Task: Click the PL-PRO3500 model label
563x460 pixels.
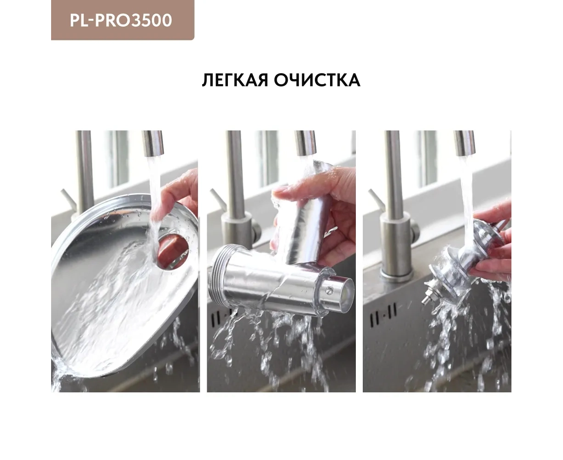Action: coord(121,20)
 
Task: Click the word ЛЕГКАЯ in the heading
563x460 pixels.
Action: coord(235,80)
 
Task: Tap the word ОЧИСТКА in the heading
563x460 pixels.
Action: coord(317,80)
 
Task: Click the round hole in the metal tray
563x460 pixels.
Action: coord(173,252)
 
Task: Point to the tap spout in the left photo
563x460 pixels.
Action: coord(153,143)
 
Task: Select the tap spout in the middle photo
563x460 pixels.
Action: coord(305,143)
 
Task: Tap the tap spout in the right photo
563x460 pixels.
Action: coord(464,143)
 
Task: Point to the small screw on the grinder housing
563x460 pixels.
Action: coord(330,291)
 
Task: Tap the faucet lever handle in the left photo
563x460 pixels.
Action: coord(67,199)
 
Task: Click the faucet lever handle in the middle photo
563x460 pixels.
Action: coord(218,199)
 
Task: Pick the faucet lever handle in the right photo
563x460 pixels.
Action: coord(376,199)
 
